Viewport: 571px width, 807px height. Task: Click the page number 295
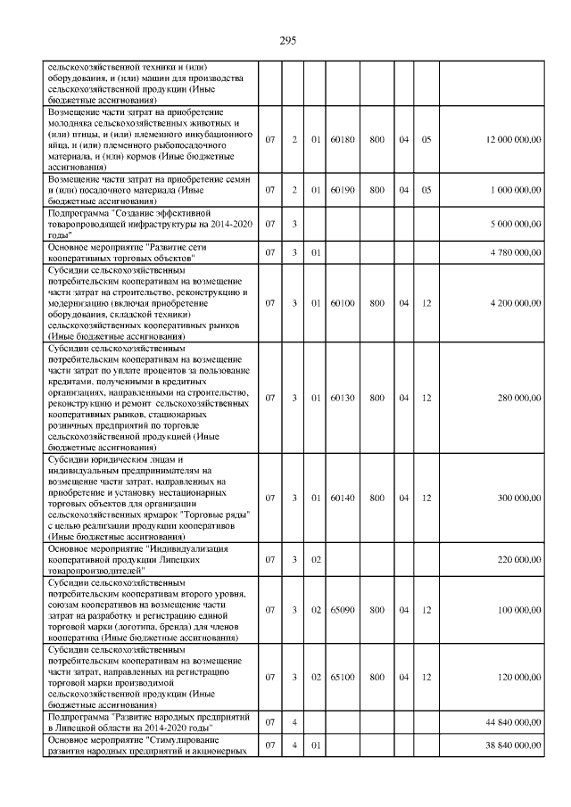pyautogui.click(x=286, y=41)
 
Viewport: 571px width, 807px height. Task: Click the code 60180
pyautogui.click(x=343, y=140)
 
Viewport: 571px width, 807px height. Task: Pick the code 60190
pyautogui.click(x=343, y=190)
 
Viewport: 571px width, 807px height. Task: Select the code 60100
pyautogui.click(x=343, y=303)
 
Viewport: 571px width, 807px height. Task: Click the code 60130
pyautogui.click(x=343, y=398)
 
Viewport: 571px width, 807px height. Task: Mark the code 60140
pyautogui.click(x=343, y=498)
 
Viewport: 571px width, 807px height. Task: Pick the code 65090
pyautogui.click(x=343, y=610)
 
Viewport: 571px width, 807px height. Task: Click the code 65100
pyautogui.click(x=343, y=678)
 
